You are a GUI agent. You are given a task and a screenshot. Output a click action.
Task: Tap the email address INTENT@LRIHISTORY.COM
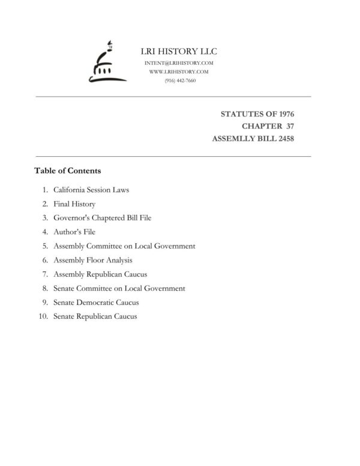pos(179,63)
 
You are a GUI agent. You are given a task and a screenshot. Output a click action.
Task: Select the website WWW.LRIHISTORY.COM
pos(179,71)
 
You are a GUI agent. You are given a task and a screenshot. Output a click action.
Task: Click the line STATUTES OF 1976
pos(257,113)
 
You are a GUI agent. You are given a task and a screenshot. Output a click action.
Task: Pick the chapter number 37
pos(289,126)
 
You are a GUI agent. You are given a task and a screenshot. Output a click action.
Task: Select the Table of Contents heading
pos(67,171)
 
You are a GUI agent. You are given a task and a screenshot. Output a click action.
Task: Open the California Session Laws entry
pos(91,190)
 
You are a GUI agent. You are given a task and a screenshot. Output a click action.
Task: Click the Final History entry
pos(74,204)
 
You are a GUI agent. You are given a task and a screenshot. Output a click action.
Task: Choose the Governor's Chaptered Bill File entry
pos(102,218)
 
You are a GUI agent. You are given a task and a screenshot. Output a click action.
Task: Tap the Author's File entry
pos(74,232)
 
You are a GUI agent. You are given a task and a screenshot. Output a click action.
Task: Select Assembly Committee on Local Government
pos(124,246)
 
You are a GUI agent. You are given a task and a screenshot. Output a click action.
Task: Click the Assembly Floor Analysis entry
pos(92,260)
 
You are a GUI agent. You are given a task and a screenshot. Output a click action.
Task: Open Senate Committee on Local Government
pos(119,288)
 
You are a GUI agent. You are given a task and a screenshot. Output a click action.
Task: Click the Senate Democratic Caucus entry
pos(96,302)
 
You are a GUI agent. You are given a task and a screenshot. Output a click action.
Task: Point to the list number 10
pos(43,316)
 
